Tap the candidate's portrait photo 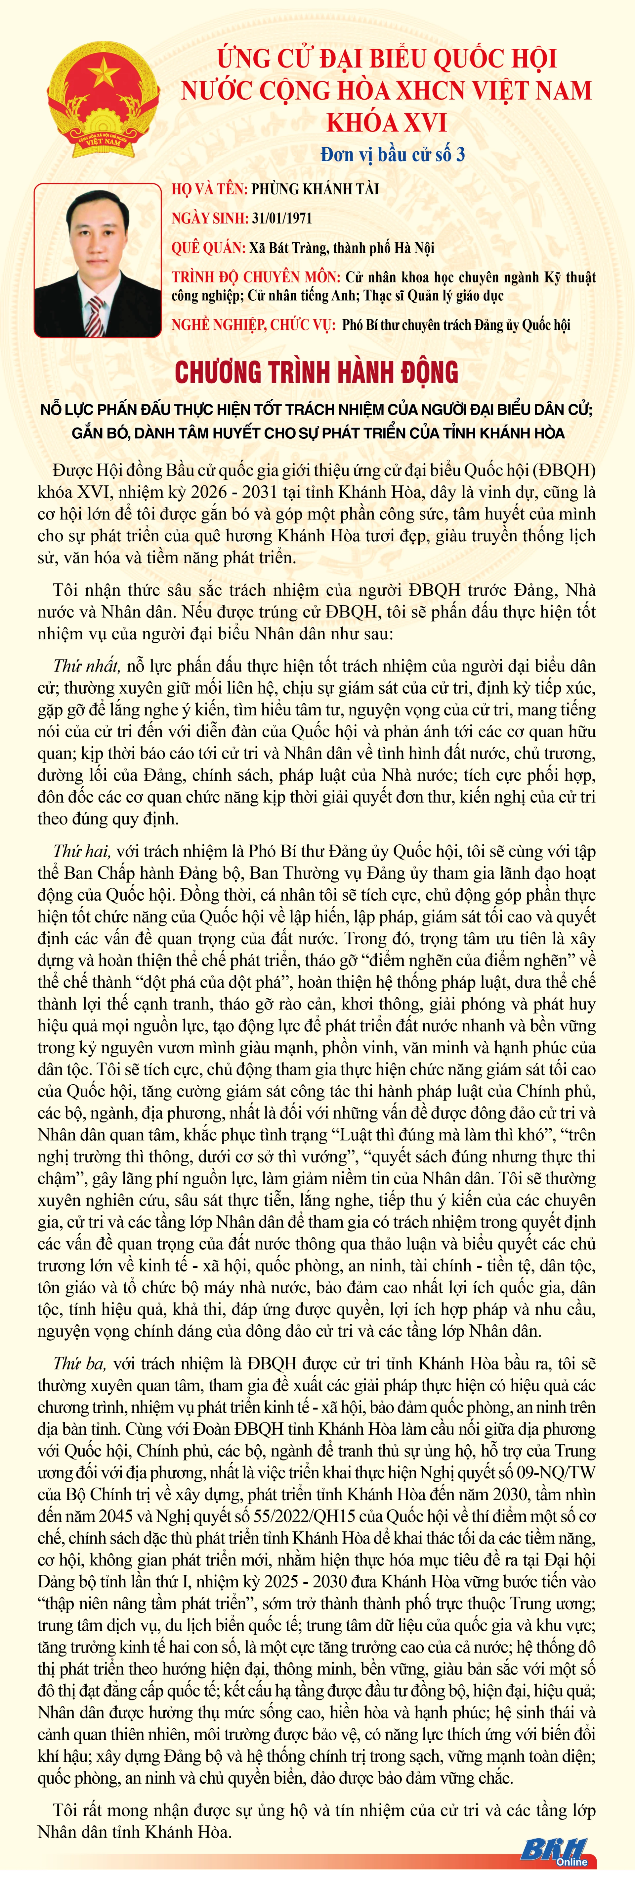pyautogui.click(x=98, y=260)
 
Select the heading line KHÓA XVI pyautogui.click(x=386, y=123)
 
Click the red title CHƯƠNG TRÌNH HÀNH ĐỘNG pyautogui.click(x=317, y=372)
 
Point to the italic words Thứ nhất pyautogui.click(x=86, y=665)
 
